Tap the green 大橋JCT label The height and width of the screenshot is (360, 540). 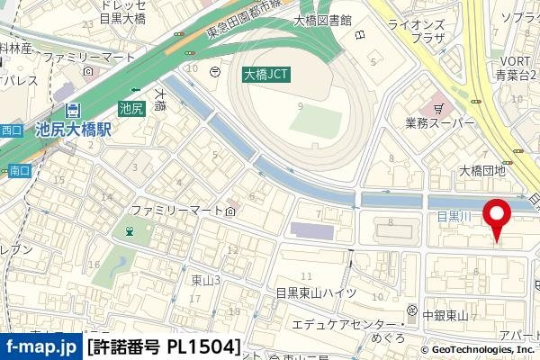(265, 76)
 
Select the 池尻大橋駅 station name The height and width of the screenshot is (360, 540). (73, 130)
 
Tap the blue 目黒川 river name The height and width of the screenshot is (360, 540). (454, 216)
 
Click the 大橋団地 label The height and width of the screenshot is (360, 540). (482, 170)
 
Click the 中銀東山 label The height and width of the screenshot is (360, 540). (444, 315)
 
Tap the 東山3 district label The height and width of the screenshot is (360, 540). (206, 280)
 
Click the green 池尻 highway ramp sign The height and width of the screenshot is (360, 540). (131, 109)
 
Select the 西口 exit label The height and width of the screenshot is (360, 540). (11, 130)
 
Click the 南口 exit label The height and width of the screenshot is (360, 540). (19, 169)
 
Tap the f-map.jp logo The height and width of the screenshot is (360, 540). (40, 346)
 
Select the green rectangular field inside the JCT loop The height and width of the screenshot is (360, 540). (315, 121)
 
